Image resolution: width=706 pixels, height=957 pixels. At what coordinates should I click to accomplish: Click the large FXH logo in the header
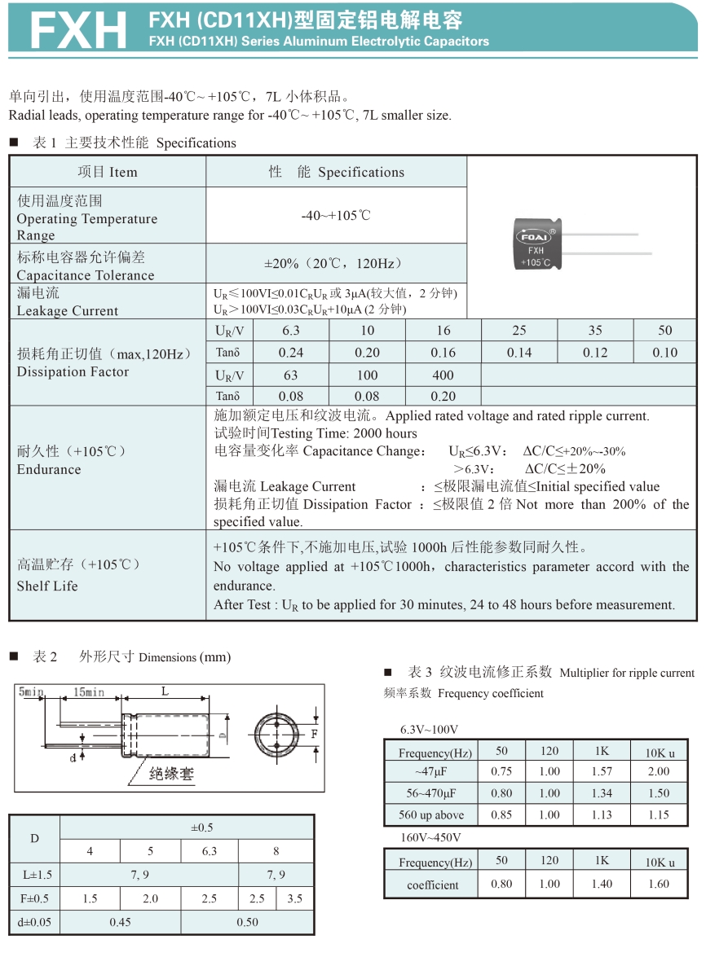pyautogui.click(x=78, y=30)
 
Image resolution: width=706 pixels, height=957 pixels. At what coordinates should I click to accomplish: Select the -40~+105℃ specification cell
pyautogui.click(x=336, y=216)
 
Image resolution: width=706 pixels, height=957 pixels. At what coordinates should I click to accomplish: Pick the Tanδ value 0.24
pyautogui.click(x=290, y=353)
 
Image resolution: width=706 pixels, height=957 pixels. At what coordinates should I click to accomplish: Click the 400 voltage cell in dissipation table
pyautogui.click(x=443, y=375)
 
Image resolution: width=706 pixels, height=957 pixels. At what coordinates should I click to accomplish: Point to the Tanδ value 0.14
pyautogui.click(x=518, y=353)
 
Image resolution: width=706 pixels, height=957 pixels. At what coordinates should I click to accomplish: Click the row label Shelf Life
pyautogui.click(x=47, y=586)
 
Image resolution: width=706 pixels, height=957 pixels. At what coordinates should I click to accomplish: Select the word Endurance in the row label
pyautogui.click(x=49, y=469)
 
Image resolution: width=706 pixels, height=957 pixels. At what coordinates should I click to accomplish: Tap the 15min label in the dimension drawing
pyautogui.click(x=89, y=691)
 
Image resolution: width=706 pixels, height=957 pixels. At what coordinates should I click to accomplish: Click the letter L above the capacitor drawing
pyautogui.click(x=165, y=691)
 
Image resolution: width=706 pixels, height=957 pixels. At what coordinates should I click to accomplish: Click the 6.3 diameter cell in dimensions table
pyautogui.click(x=210, y=851)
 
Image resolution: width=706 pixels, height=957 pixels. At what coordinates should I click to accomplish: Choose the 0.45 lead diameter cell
pyautogui.click(x=120, y=922)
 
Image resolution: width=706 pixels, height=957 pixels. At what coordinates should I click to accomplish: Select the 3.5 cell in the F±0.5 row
pyautogui.click(x=294, y=898)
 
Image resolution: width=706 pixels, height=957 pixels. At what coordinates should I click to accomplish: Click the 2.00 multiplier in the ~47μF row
pyautogui.click(x=657, y=771)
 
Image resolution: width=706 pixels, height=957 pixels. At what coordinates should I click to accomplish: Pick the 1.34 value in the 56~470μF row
pyautogui.click(x=602, y=793)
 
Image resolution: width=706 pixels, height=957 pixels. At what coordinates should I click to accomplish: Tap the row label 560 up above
pyautogui.click(x=432, y=815)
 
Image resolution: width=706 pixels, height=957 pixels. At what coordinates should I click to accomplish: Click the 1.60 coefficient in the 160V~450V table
pyautogui.click(x=657, y=884)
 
